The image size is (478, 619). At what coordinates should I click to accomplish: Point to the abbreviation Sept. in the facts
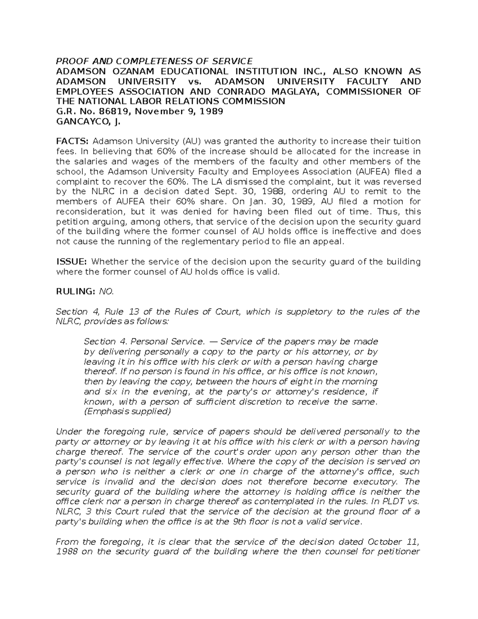(x=240, y=192)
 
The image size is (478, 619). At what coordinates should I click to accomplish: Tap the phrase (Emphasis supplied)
(x=127, y=412)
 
